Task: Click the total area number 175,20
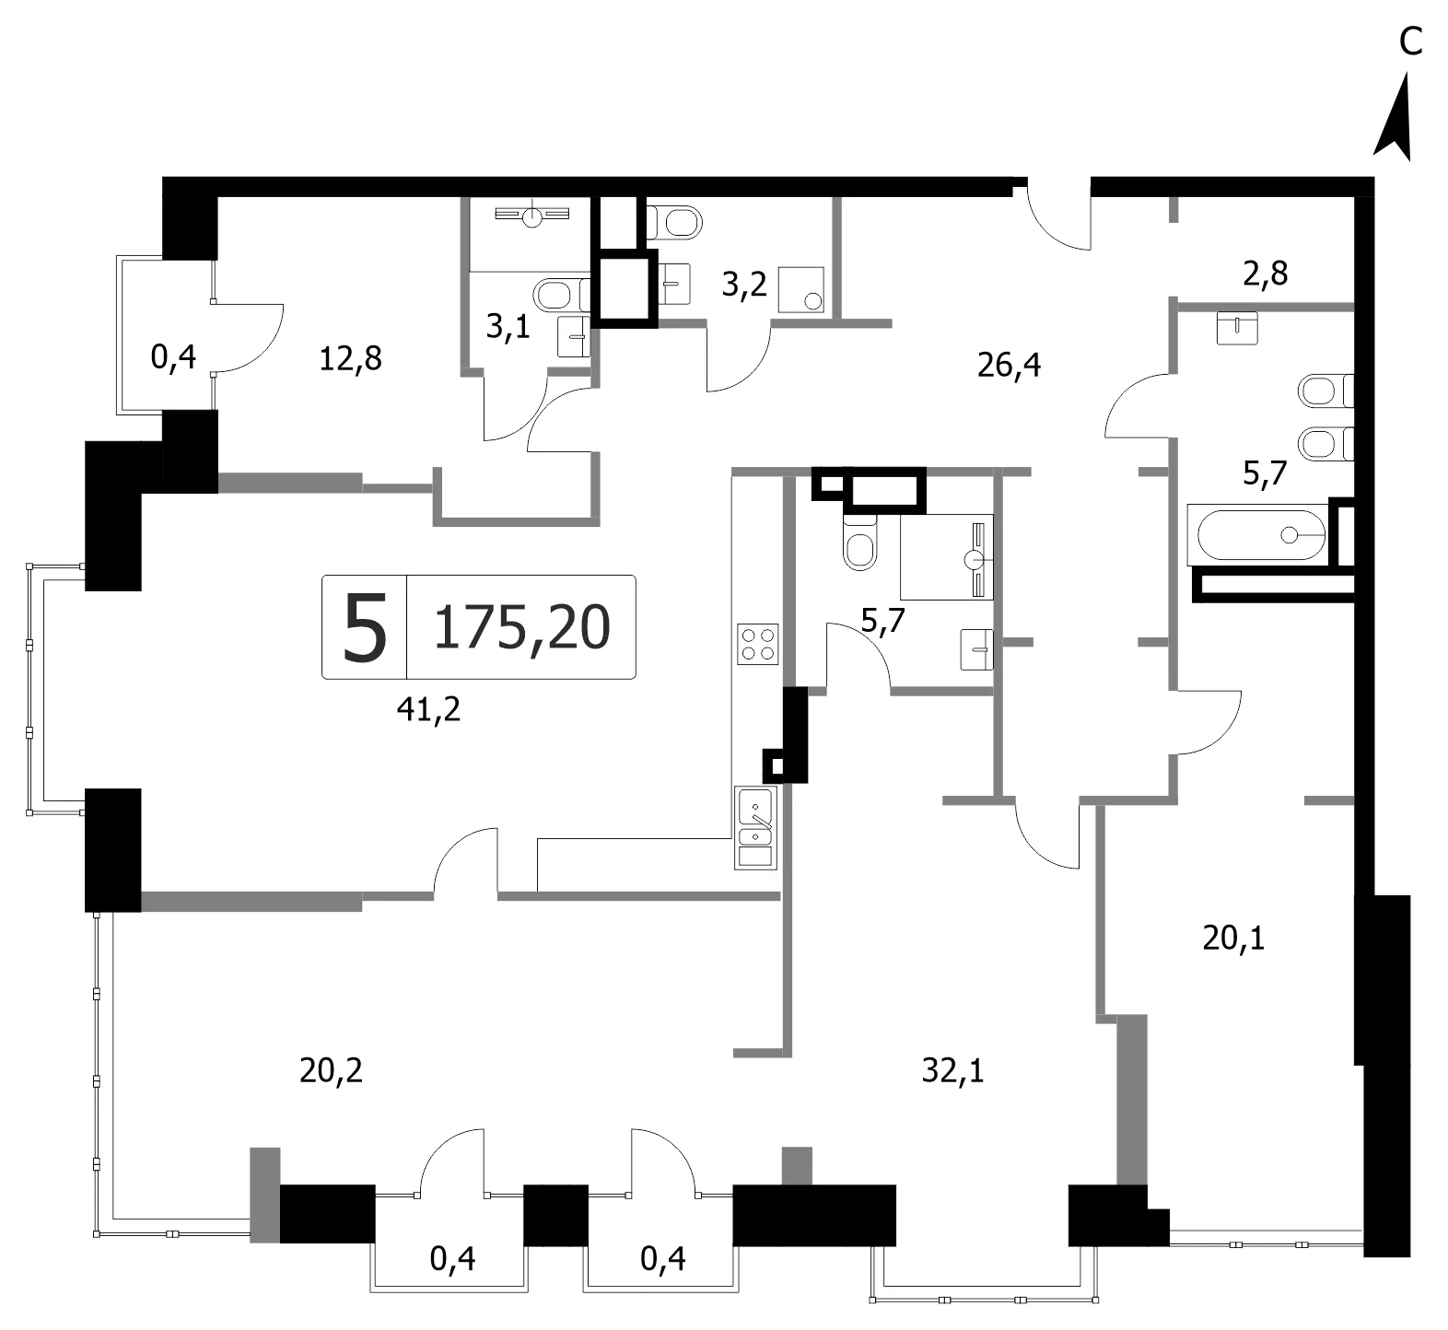click(521, 627)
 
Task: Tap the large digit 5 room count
click(364, 627)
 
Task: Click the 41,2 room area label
click(428, 709)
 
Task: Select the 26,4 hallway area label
click(1009, 366)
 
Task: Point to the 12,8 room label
click(350, 358)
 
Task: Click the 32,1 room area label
click(952, 1070)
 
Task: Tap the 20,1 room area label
click(1233, 938)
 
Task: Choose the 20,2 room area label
click(331, 1070)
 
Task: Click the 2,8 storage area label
click(1266, 274)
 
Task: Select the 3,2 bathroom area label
click(743, 285)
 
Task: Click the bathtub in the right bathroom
click(1258, 534)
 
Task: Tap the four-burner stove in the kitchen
click(757, 644)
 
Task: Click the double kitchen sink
click(755, 827)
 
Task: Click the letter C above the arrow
click(1410, 41)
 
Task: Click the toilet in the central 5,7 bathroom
click(859, 542)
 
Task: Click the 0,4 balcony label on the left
click(173, 356)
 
